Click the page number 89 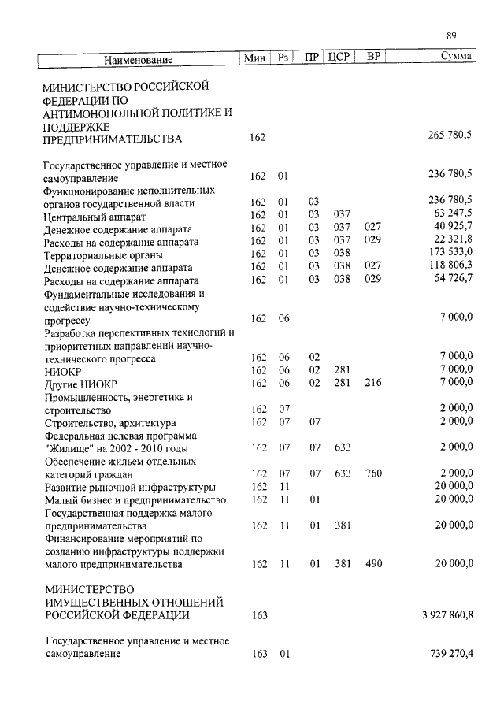click(x=451, y=35)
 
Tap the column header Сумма click(x=457, y=58)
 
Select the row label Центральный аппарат click(x=93, y=215)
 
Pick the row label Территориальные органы click(x=104, y=254)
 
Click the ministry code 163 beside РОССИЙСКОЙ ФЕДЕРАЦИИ click(x=259, y=614)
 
